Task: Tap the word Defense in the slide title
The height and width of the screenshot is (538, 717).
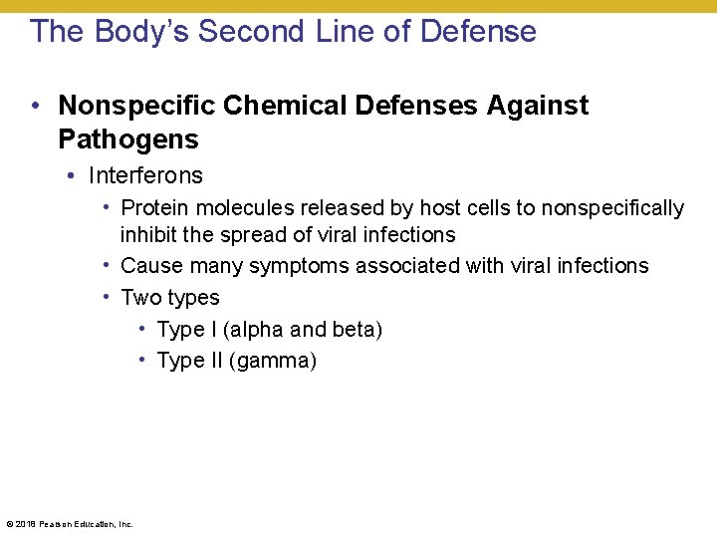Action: pos(478,31)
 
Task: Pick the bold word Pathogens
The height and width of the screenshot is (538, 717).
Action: pos(128,138)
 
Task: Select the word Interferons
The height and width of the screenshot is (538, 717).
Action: pos(145,176)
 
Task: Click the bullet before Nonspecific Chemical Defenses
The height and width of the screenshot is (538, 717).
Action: pos(35,106)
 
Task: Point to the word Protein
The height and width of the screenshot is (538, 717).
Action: pos(154,208)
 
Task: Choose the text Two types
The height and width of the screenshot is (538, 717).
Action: pos(170,298)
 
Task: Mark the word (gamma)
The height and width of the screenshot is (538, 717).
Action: pos(273,361)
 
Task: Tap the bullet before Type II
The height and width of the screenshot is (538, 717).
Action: pos(143,359)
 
